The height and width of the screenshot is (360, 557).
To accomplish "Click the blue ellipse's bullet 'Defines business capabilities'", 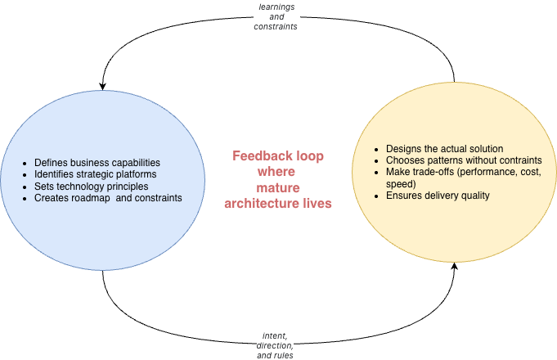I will pyautogui.click(x=97, y=163).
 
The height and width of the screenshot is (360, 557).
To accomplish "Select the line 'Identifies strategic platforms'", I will pyautogui.click(x=95, y=174).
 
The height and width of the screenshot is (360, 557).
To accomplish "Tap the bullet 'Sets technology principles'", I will pyautogui.click(x=91, y=187).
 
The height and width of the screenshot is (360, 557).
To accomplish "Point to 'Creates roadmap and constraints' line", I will pyautogui.click(x=108, y=198).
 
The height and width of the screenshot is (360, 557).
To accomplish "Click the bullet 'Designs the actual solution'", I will pyautogui.click(x=444, y=149).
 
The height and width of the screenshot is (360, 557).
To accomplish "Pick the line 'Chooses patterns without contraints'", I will pyautogui.click(x=464, y=160).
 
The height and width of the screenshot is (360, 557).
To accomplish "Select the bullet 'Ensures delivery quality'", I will pyautogui.click(x=437, y=196).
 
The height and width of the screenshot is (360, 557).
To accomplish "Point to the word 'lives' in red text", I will pyautogui.click(x=316, y=203).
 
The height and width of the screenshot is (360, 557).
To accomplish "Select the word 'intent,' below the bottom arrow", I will pyautogui.click(x=275, y=335).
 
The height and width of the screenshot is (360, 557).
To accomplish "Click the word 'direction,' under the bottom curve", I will pyautogui.click(x=275, y=345).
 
